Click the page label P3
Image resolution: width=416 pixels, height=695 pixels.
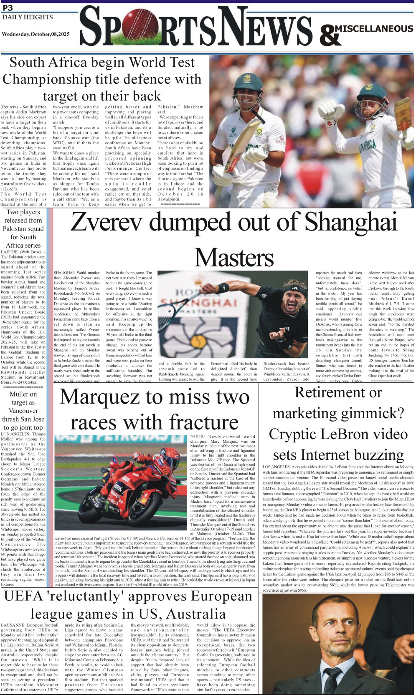[8, 8]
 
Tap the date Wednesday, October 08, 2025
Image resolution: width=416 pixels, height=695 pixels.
[36, 34]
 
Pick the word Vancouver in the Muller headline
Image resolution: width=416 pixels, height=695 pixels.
[23, 411]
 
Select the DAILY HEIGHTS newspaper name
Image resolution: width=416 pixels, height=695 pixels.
[28, 17]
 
